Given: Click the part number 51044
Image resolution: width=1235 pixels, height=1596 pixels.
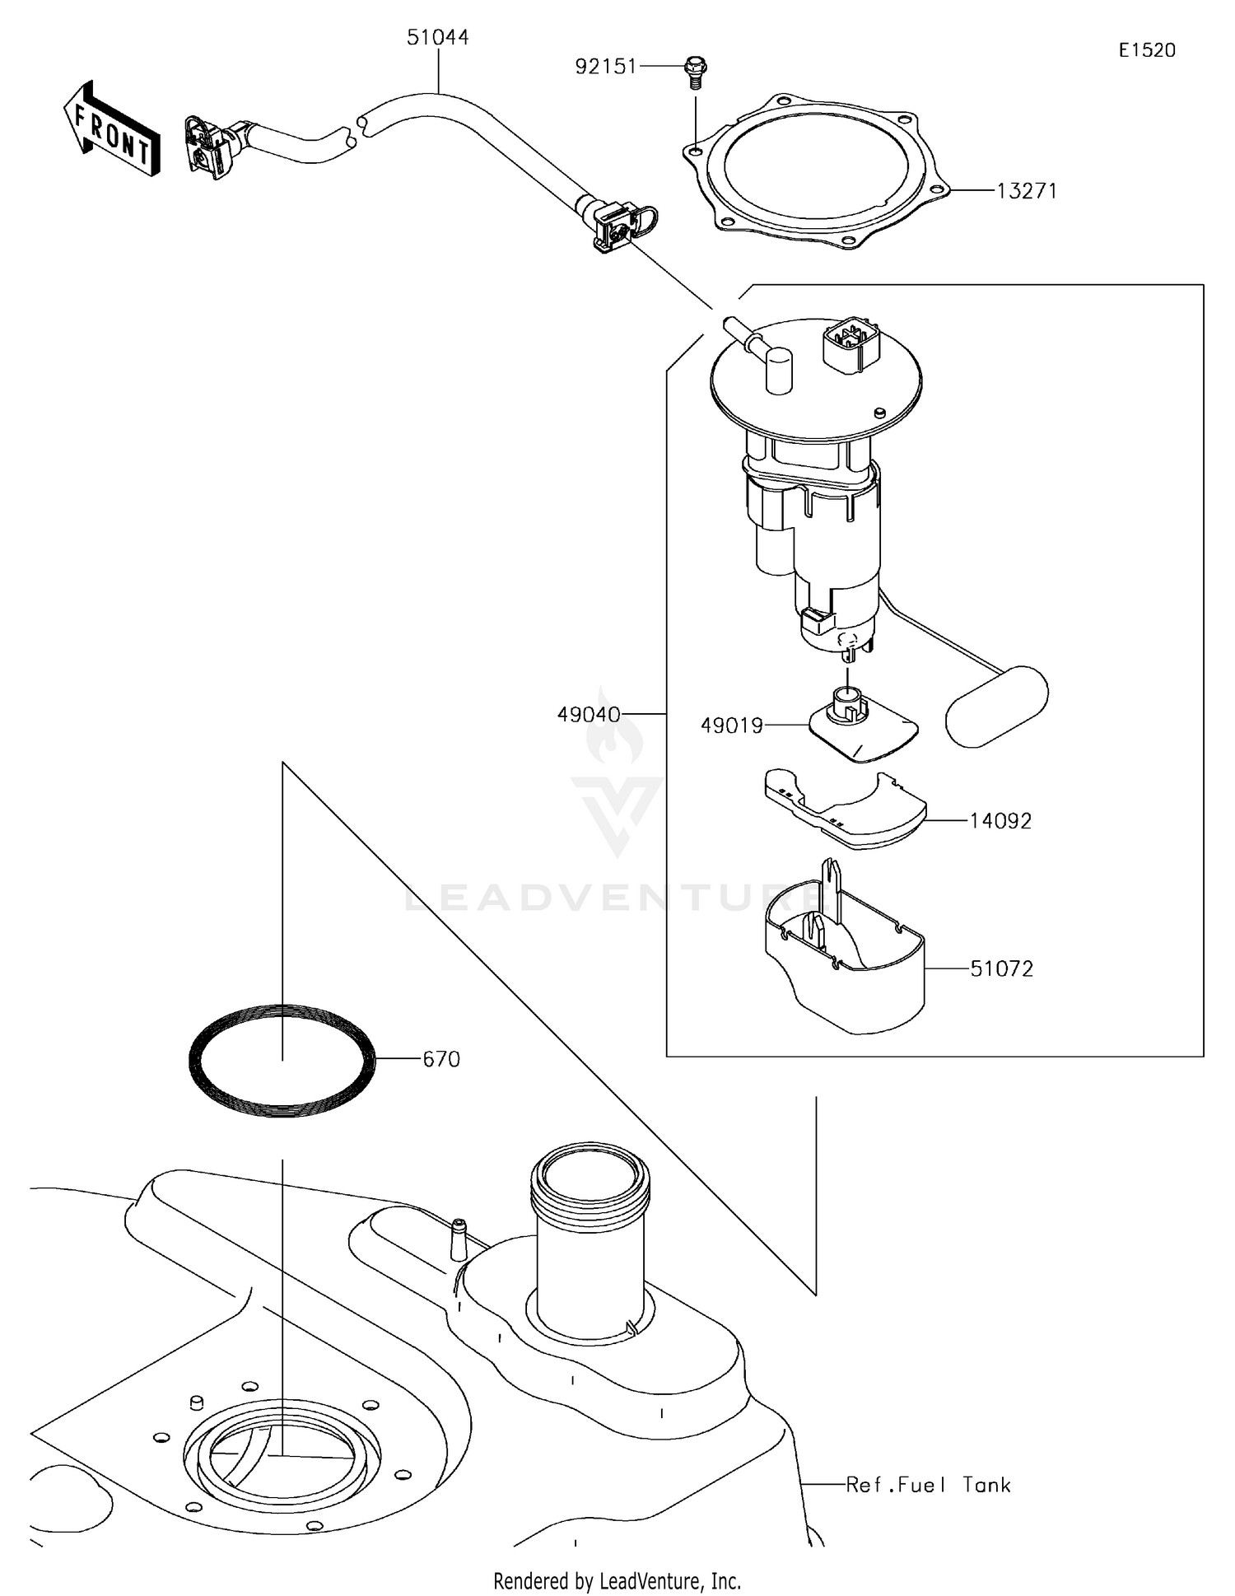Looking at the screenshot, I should coord(437,38).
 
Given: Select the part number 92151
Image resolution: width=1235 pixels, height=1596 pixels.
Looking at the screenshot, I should coord(606,67).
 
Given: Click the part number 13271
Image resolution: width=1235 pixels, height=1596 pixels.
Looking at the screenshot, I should coord(1027,191).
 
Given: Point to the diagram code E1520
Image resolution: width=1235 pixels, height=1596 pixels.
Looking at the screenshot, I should coord(1147,50).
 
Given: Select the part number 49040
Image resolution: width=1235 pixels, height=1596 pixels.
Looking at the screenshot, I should coord(589,715).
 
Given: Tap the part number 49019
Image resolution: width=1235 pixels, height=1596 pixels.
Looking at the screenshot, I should coord(731,726).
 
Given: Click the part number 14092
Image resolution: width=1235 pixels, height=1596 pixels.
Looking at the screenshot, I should coord(1000,821).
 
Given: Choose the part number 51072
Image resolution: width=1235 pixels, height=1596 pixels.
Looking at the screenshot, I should coord(1001,969).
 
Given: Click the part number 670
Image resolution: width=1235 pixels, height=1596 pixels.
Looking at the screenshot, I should coord(441,1059).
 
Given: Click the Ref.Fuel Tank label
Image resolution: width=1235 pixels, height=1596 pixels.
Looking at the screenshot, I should coord(928,1485).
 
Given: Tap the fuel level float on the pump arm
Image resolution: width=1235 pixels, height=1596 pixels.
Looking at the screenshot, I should coord(996,706).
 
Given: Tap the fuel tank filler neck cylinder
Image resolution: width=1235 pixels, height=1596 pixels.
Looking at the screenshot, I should coord(590,1235).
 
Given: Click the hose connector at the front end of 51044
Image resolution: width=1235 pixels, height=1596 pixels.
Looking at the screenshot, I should coord(211,147).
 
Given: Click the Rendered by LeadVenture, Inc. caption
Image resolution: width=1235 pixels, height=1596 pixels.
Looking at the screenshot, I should coord(617,1581).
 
